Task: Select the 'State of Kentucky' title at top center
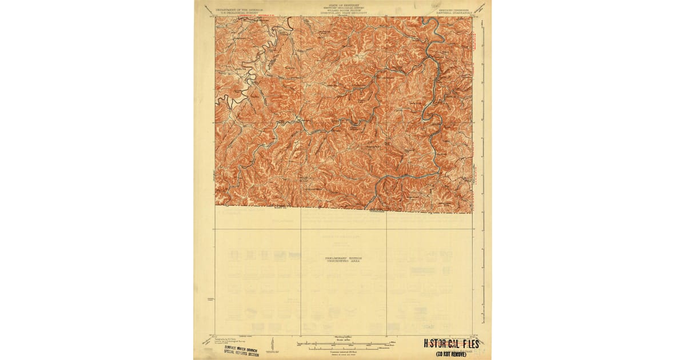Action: (344, 4)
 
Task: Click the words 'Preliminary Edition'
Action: (344, 258)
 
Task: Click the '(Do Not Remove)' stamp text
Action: (451, 354)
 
